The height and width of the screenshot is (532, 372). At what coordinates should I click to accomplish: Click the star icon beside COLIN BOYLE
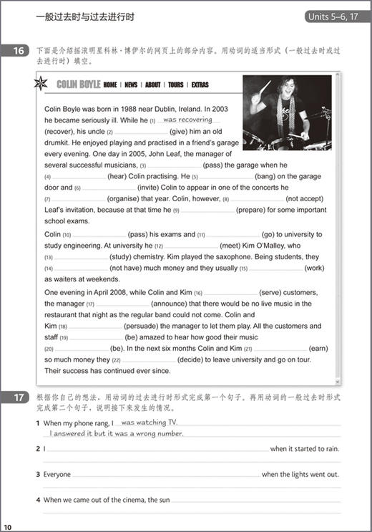41,84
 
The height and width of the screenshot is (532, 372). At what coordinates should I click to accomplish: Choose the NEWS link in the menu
131,84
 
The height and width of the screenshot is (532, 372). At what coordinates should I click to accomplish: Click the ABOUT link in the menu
153,84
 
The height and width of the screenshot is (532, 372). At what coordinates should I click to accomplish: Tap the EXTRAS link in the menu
200,84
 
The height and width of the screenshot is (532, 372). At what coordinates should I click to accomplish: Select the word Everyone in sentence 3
57,474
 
